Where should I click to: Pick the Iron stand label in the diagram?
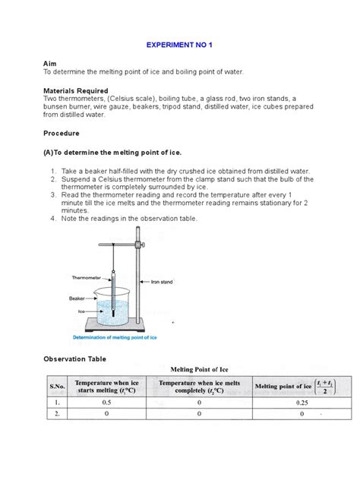tap(162, 282)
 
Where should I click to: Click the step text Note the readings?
tap(129, 218)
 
